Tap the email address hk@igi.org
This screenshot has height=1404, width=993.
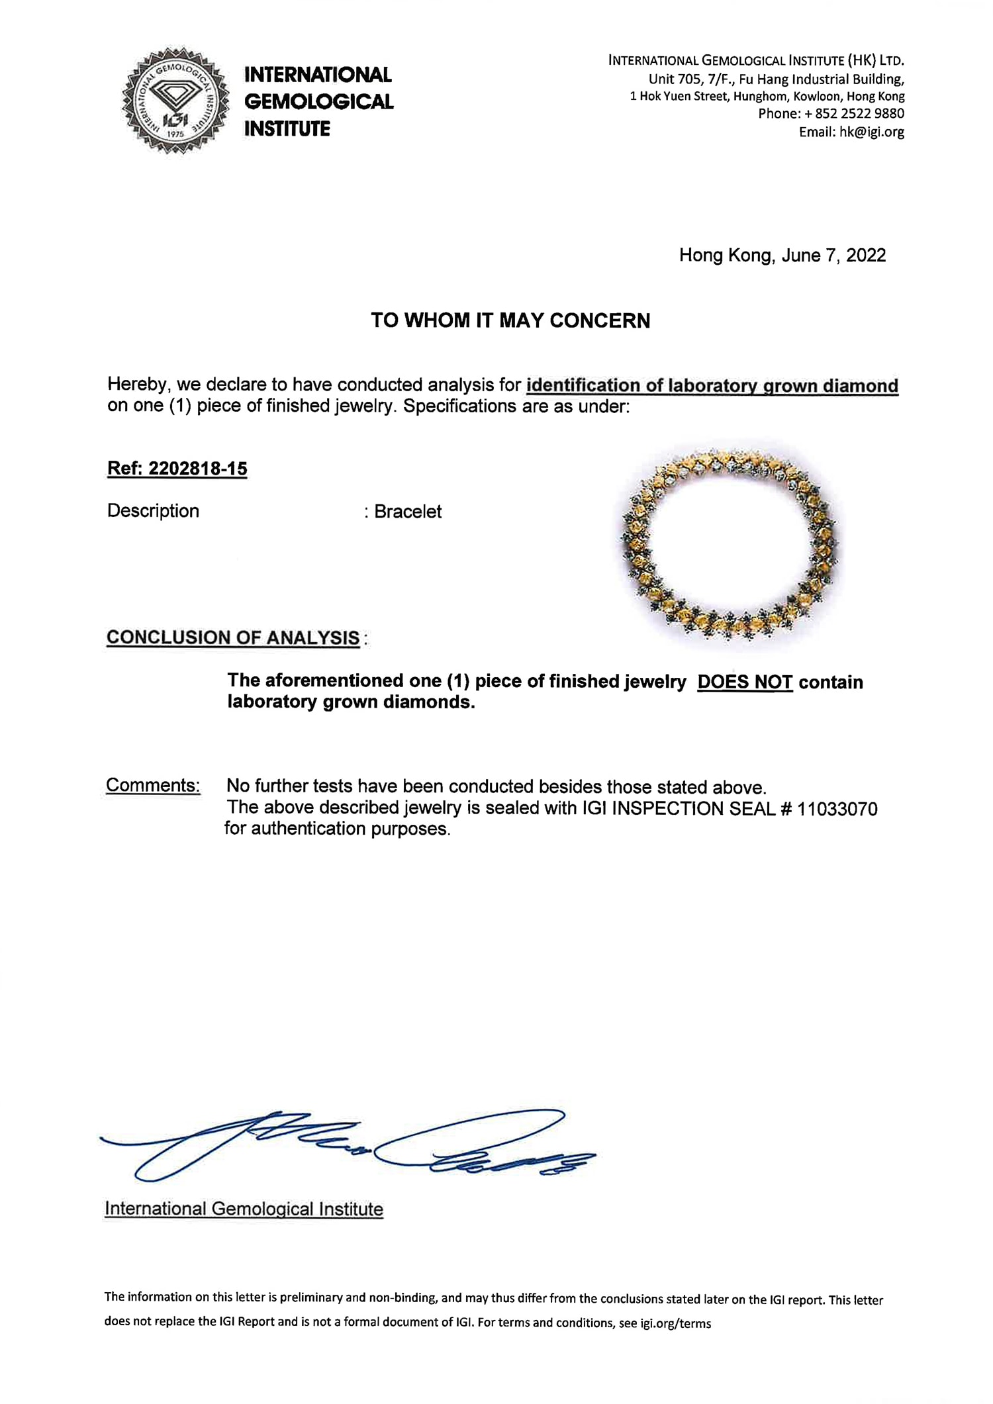click(x=871, y=132)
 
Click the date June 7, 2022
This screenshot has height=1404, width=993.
click(x=833, y=256)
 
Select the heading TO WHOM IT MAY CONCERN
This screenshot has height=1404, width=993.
click(x=510, y=320)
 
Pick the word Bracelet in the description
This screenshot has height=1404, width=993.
click(x=408, y=512)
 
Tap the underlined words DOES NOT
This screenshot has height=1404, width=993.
click(x=745, y=682)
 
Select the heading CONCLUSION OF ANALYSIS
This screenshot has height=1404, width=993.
click(x=233, y=637)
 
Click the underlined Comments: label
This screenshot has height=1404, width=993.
click(x=153, y=785)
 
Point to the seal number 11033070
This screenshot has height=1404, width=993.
click(x=837, y=809)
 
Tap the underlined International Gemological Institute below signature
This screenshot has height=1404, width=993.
click(x=244, y=1209)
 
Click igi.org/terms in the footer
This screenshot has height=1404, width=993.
click(x=675, y=1323)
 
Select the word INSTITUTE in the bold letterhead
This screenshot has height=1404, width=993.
click(x=287, y=129)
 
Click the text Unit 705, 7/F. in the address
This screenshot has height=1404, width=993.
click(x=689, y=79)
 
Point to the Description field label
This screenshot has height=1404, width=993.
click(x=153, y=511)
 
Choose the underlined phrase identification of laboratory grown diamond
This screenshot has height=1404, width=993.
click(x=712, y=386)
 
